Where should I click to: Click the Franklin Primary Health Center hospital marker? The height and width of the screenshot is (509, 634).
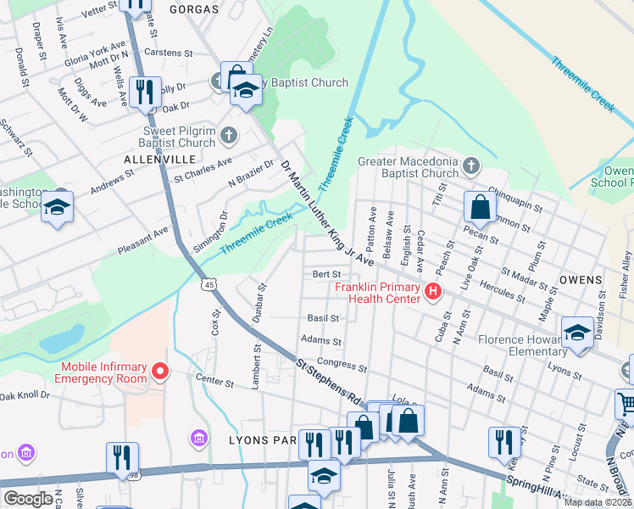tap(433, 293)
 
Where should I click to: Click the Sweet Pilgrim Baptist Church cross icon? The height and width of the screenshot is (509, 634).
tap(228, 135)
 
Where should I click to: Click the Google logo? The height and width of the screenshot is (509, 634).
tap(28, 498)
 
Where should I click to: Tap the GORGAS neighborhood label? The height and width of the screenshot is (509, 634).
tap(193, 9)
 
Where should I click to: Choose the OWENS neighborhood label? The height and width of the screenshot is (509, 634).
tap(581, 279)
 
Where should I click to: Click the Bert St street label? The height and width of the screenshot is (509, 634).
tap(326, 275)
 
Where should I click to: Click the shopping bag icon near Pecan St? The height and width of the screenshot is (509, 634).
tap(480, 206)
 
